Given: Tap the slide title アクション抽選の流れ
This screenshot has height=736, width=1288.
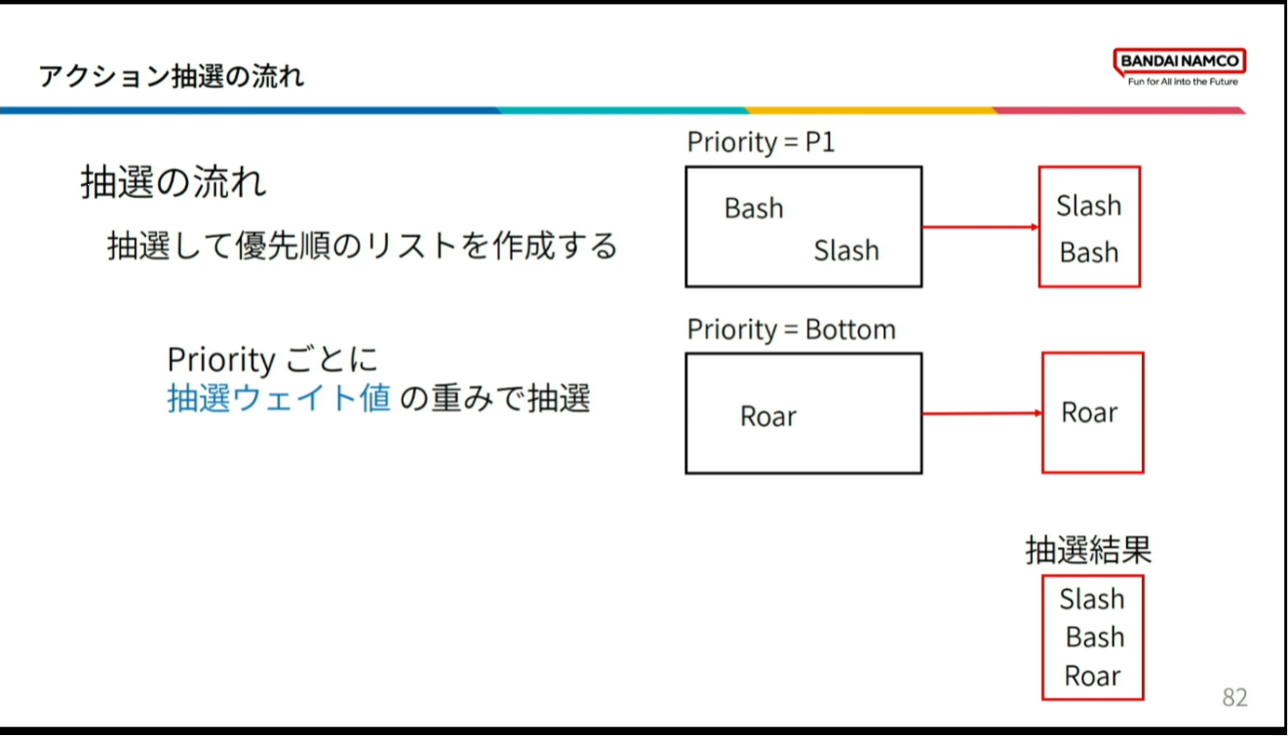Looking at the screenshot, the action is (172, 76).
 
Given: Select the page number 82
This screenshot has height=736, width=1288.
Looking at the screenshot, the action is (1234, 697).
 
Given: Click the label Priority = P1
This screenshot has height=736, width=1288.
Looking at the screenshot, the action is (761, 142).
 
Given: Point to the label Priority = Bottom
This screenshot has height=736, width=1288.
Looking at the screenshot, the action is (791, 329).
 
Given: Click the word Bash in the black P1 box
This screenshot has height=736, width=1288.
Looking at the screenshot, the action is (754, 208).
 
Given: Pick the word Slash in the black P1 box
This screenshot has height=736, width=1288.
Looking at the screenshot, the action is (846, 251).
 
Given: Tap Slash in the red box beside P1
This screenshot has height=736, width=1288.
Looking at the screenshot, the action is (1089, 206).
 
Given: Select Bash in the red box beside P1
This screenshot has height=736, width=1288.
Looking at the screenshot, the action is (1089, 252).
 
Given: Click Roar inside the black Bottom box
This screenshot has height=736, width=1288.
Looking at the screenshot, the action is (768, 415).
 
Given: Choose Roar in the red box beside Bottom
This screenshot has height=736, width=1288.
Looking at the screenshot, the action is (1089, 412).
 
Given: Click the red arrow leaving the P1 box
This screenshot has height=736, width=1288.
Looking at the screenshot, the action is (981, 227).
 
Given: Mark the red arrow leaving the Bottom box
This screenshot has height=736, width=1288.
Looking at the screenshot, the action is (982, 413).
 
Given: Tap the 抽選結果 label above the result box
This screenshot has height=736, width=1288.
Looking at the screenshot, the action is (1088, 550).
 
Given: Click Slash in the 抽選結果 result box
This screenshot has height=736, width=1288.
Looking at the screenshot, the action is (1092, 599).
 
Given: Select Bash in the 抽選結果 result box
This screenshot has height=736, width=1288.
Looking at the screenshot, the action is (1095, 638).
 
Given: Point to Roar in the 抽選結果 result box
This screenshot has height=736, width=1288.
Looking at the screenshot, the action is (1092, 676).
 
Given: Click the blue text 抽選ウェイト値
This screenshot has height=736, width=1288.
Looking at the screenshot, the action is (280, 398).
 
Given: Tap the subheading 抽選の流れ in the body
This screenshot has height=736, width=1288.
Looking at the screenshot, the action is (174, 182).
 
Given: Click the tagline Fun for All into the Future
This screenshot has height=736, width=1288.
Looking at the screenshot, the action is (1183, 82).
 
